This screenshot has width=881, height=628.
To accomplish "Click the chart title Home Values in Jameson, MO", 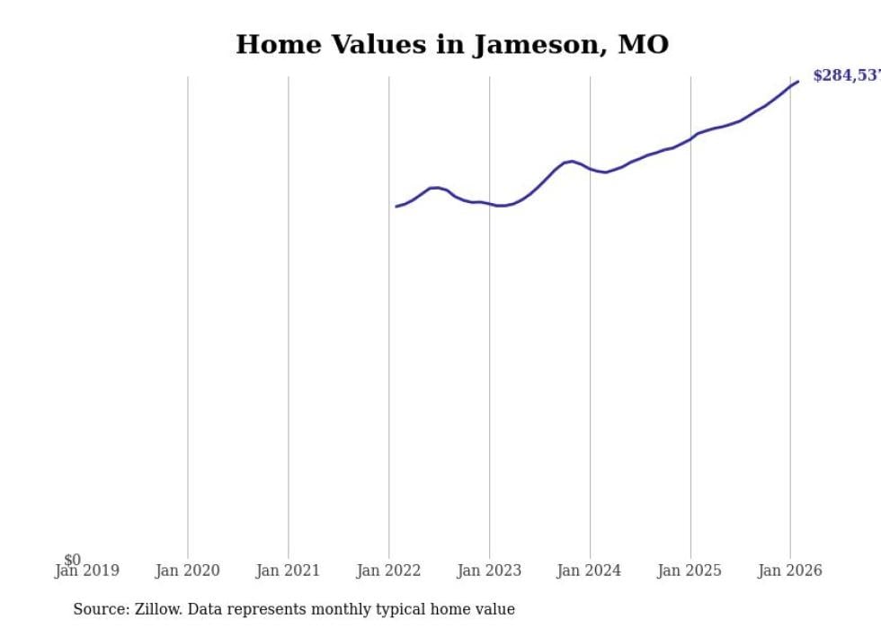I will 452,44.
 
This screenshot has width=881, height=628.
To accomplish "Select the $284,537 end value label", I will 846,75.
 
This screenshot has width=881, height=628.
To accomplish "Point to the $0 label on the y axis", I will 72,560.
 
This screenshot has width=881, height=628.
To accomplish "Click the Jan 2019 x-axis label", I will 86,571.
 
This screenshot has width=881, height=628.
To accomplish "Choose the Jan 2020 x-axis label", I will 187,571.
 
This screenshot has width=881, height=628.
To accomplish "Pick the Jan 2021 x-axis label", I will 288,571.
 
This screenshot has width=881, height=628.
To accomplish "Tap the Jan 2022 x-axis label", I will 388,571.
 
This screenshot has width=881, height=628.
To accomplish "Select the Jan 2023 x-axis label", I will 489,571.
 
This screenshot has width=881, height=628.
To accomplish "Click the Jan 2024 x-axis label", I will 589,571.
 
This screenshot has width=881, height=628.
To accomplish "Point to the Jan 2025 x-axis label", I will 690,571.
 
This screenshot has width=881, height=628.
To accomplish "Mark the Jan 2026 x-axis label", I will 789,571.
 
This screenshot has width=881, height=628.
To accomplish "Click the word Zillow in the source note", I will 158,609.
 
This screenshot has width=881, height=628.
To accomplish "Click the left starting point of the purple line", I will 396,207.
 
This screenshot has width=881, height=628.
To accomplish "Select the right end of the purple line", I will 797,82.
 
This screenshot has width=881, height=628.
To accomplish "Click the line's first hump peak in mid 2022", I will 435,188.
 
